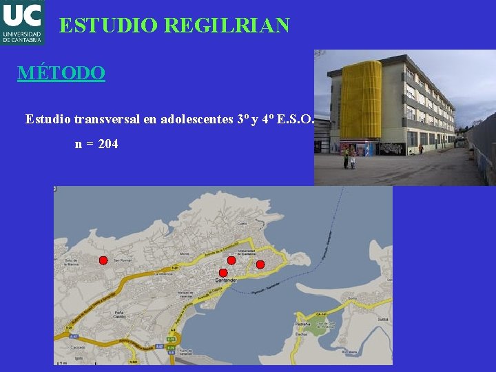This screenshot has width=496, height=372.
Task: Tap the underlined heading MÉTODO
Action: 61,72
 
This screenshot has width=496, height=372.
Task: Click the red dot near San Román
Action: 103,260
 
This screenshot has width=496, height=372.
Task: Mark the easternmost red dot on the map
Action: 260,265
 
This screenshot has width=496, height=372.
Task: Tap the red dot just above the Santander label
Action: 223,273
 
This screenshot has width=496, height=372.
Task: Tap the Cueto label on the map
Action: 242,223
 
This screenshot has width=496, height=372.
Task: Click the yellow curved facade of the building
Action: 360,100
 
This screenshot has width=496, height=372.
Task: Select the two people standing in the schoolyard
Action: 349,158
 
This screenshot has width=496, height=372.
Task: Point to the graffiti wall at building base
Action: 391,148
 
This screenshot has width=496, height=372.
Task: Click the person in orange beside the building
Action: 420,148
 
